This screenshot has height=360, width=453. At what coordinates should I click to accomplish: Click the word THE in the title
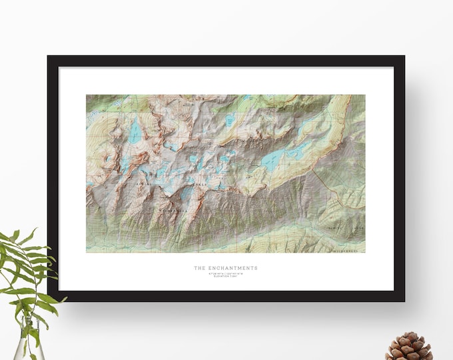(199, 268)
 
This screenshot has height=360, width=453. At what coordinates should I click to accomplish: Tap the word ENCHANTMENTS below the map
(231, 268)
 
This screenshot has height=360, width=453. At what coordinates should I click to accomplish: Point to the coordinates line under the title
(225, 273)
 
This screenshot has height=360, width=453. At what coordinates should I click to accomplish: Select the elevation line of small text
(225, 276)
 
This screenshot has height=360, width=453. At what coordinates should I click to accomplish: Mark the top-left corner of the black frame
(49, 57)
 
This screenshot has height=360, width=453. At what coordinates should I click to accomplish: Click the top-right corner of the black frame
(404, 57)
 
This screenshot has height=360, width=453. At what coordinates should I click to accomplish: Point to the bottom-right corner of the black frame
(404, 301)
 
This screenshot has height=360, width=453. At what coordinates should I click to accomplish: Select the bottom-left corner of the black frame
(49, 301)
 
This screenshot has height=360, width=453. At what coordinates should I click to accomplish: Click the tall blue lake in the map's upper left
(135, 130)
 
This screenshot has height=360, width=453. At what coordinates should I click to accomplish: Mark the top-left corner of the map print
(87, 95)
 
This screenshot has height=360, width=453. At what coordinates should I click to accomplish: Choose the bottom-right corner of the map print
(365, 252)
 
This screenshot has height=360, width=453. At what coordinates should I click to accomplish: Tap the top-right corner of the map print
(365, 95)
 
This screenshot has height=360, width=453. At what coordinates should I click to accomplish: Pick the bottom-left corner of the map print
(87, 252)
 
